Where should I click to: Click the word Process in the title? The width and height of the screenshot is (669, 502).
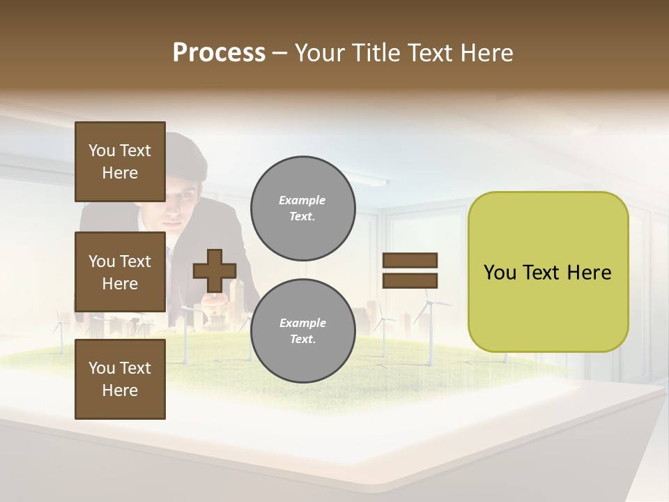tap(219, 53)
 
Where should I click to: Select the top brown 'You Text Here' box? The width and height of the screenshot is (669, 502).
tap(120, 162)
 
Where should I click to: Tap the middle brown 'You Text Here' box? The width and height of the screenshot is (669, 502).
tap(120, 272)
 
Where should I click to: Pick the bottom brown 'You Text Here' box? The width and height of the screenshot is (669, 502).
tap(120, 379)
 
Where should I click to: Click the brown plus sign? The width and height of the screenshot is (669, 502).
tap(215, 271)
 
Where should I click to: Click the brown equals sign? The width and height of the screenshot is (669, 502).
tap(410, 271)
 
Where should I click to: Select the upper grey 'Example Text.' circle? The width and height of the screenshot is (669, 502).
tap(302, 208)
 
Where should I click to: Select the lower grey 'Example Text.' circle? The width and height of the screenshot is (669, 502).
tap(302, 330)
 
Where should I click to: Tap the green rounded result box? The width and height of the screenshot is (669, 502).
tap(548, 271)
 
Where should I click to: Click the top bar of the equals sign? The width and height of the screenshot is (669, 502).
tap(410, 260)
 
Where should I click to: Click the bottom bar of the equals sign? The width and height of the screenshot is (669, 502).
tap(410, 281)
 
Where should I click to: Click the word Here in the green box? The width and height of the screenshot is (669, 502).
tap(589, 273)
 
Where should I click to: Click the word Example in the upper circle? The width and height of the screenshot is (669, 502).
tap(302, 200)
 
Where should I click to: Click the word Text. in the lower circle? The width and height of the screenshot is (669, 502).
tap(302, 340)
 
